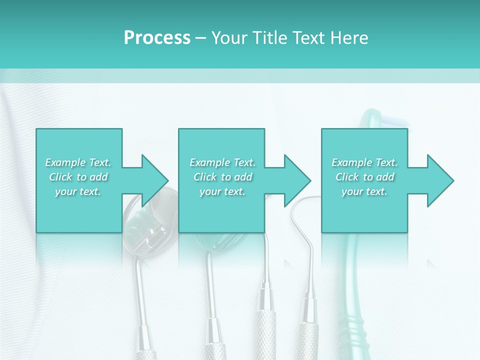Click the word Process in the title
coord(157,37)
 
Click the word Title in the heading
coord(269,37)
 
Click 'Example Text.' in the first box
coord(78,162)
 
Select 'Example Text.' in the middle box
coord(222,162)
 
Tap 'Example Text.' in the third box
coord(364,162)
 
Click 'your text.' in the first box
coord(78,191)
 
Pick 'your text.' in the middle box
coord(222,191)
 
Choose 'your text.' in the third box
coord(364,191)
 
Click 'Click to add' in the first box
coord(78,177)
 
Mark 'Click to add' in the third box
coord(364,177)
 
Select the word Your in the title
coord(229,37)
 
